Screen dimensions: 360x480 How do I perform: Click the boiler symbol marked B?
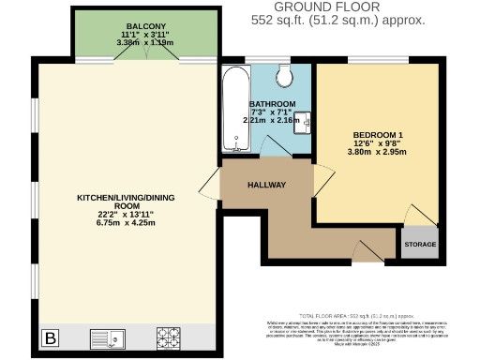pos(51,337)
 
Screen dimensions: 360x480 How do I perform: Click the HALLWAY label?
pos(265,185)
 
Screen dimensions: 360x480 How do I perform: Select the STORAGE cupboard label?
pos(421,244)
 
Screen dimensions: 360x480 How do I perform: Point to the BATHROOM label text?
pos(272,103)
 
